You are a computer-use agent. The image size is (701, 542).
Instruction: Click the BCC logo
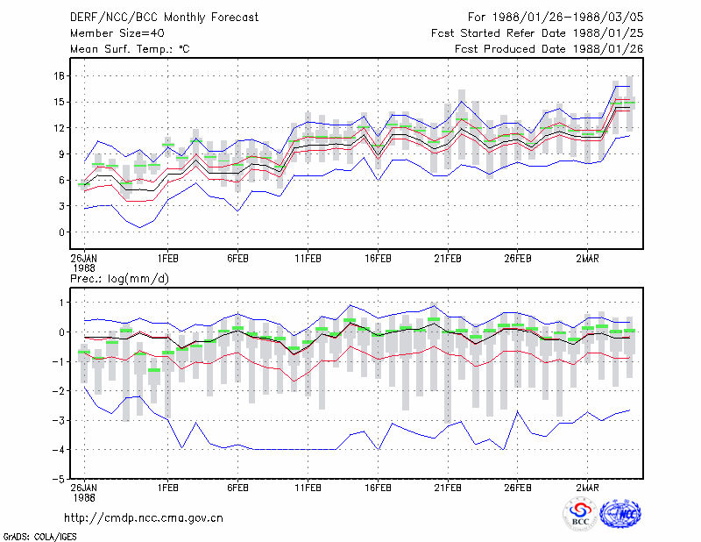coord(580,514)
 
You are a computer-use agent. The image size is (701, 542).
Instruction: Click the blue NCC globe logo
coord(620,514)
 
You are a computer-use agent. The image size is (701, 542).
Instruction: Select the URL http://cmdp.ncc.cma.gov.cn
coord(144,518)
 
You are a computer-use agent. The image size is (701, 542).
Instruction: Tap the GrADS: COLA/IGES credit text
coord(39,537)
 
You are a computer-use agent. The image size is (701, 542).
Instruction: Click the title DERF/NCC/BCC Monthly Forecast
coord(164,18)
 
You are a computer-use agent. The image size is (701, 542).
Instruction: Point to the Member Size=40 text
coord(117,33)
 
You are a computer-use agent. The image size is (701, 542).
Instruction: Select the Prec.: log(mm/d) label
coord(119,279)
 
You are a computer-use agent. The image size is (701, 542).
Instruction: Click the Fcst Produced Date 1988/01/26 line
coord(549,49)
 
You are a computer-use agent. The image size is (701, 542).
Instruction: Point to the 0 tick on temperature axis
coord(61,232)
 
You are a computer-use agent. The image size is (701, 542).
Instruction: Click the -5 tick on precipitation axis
coord(58,479)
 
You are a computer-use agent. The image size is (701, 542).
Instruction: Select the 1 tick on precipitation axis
coord(62,303)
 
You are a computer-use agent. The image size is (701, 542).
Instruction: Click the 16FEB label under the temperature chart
coord(378,259)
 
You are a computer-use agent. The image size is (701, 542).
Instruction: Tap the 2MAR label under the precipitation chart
coord(587,488)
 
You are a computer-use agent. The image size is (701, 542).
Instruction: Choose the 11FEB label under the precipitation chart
coord(308,488)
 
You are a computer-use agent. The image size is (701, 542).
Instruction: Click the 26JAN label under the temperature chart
coord(83,259)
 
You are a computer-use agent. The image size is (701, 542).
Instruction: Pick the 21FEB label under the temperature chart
coord(448,259)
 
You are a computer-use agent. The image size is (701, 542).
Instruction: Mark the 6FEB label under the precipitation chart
coord(237,488)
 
